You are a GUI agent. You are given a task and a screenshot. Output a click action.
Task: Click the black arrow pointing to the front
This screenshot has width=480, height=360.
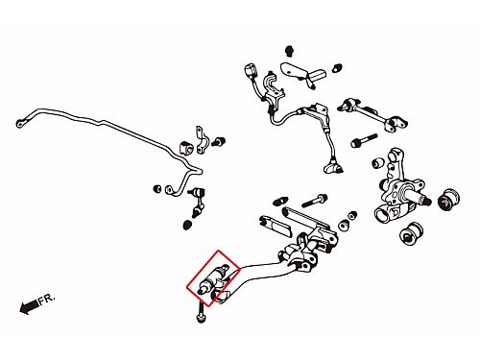(29, 307)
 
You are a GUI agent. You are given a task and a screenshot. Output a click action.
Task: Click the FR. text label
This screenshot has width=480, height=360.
(46, 300)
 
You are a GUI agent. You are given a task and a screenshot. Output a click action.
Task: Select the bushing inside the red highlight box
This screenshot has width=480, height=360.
(212, 279)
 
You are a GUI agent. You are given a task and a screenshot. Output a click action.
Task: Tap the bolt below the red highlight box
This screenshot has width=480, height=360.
(201, 313)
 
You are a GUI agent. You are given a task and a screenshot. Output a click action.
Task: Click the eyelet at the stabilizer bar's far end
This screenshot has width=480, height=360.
(20, 123)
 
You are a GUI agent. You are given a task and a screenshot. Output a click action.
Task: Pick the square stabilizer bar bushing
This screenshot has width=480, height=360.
(186, 148)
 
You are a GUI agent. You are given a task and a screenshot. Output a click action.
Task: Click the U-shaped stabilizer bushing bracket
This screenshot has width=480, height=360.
(202, 140)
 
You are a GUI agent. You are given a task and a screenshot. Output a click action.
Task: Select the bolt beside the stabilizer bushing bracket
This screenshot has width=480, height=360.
(219, 141)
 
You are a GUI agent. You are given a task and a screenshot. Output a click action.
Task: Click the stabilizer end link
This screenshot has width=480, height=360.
(198, 202)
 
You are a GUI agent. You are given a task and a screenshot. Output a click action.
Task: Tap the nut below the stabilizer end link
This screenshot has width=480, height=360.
(187, 225)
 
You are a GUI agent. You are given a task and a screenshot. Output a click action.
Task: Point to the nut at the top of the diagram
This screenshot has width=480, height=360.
(289, 51)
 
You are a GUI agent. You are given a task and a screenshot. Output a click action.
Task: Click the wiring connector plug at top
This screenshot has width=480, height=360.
(251, 71)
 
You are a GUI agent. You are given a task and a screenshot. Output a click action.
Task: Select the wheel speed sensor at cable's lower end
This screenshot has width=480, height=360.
(333, 167)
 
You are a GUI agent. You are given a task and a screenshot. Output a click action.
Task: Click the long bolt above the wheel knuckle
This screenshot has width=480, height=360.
(364, 140)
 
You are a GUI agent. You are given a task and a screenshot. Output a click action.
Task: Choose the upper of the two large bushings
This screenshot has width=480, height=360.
(448, 199)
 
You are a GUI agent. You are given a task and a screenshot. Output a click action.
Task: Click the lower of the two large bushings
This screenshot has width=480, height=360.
(412, 234)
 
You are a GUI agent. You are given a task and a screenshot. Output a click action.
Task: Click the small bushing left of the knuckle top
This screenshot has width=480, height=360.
(378, 162)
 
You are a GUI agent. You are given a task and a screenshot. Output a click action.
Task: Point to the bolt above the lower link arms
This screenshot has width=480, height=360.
(314, 201)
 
